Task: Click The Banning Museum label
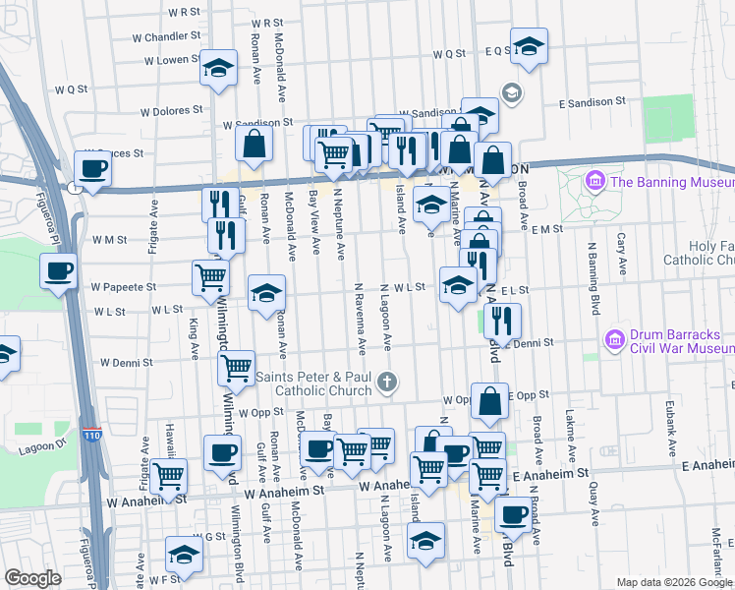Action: pyautogui.click(x=671, y=181)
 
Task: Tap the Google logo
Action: pyautogui.click(x=32, y=577)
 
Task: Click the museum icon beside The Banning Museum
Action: pyautogui.click(x=594, y=181)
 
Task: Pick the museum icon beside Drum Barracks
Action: pyautogui.click(x=615, y=339)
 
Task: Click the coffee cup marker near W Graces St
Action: pyautogui.click(x=92, y=168)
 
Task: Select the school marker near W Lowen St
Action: pyautogui.click(x=218, y=68)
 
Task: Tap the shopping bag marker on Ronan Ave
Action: pyautogui.click(x=254, y=145)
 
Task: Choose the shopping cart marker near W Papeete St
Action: pyautogui.click(x=210, y=279)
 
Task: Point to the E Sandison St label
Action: pyautogui.click(x=593, y=101)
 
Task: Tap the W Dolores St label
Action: pyautogui.click(x=157, y=111)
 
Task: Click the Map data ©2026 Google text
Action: pyautogui.click(x=674, y=581)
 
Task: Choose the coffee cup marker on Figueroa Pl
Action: pyautogui.click(x=58, y=270)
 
